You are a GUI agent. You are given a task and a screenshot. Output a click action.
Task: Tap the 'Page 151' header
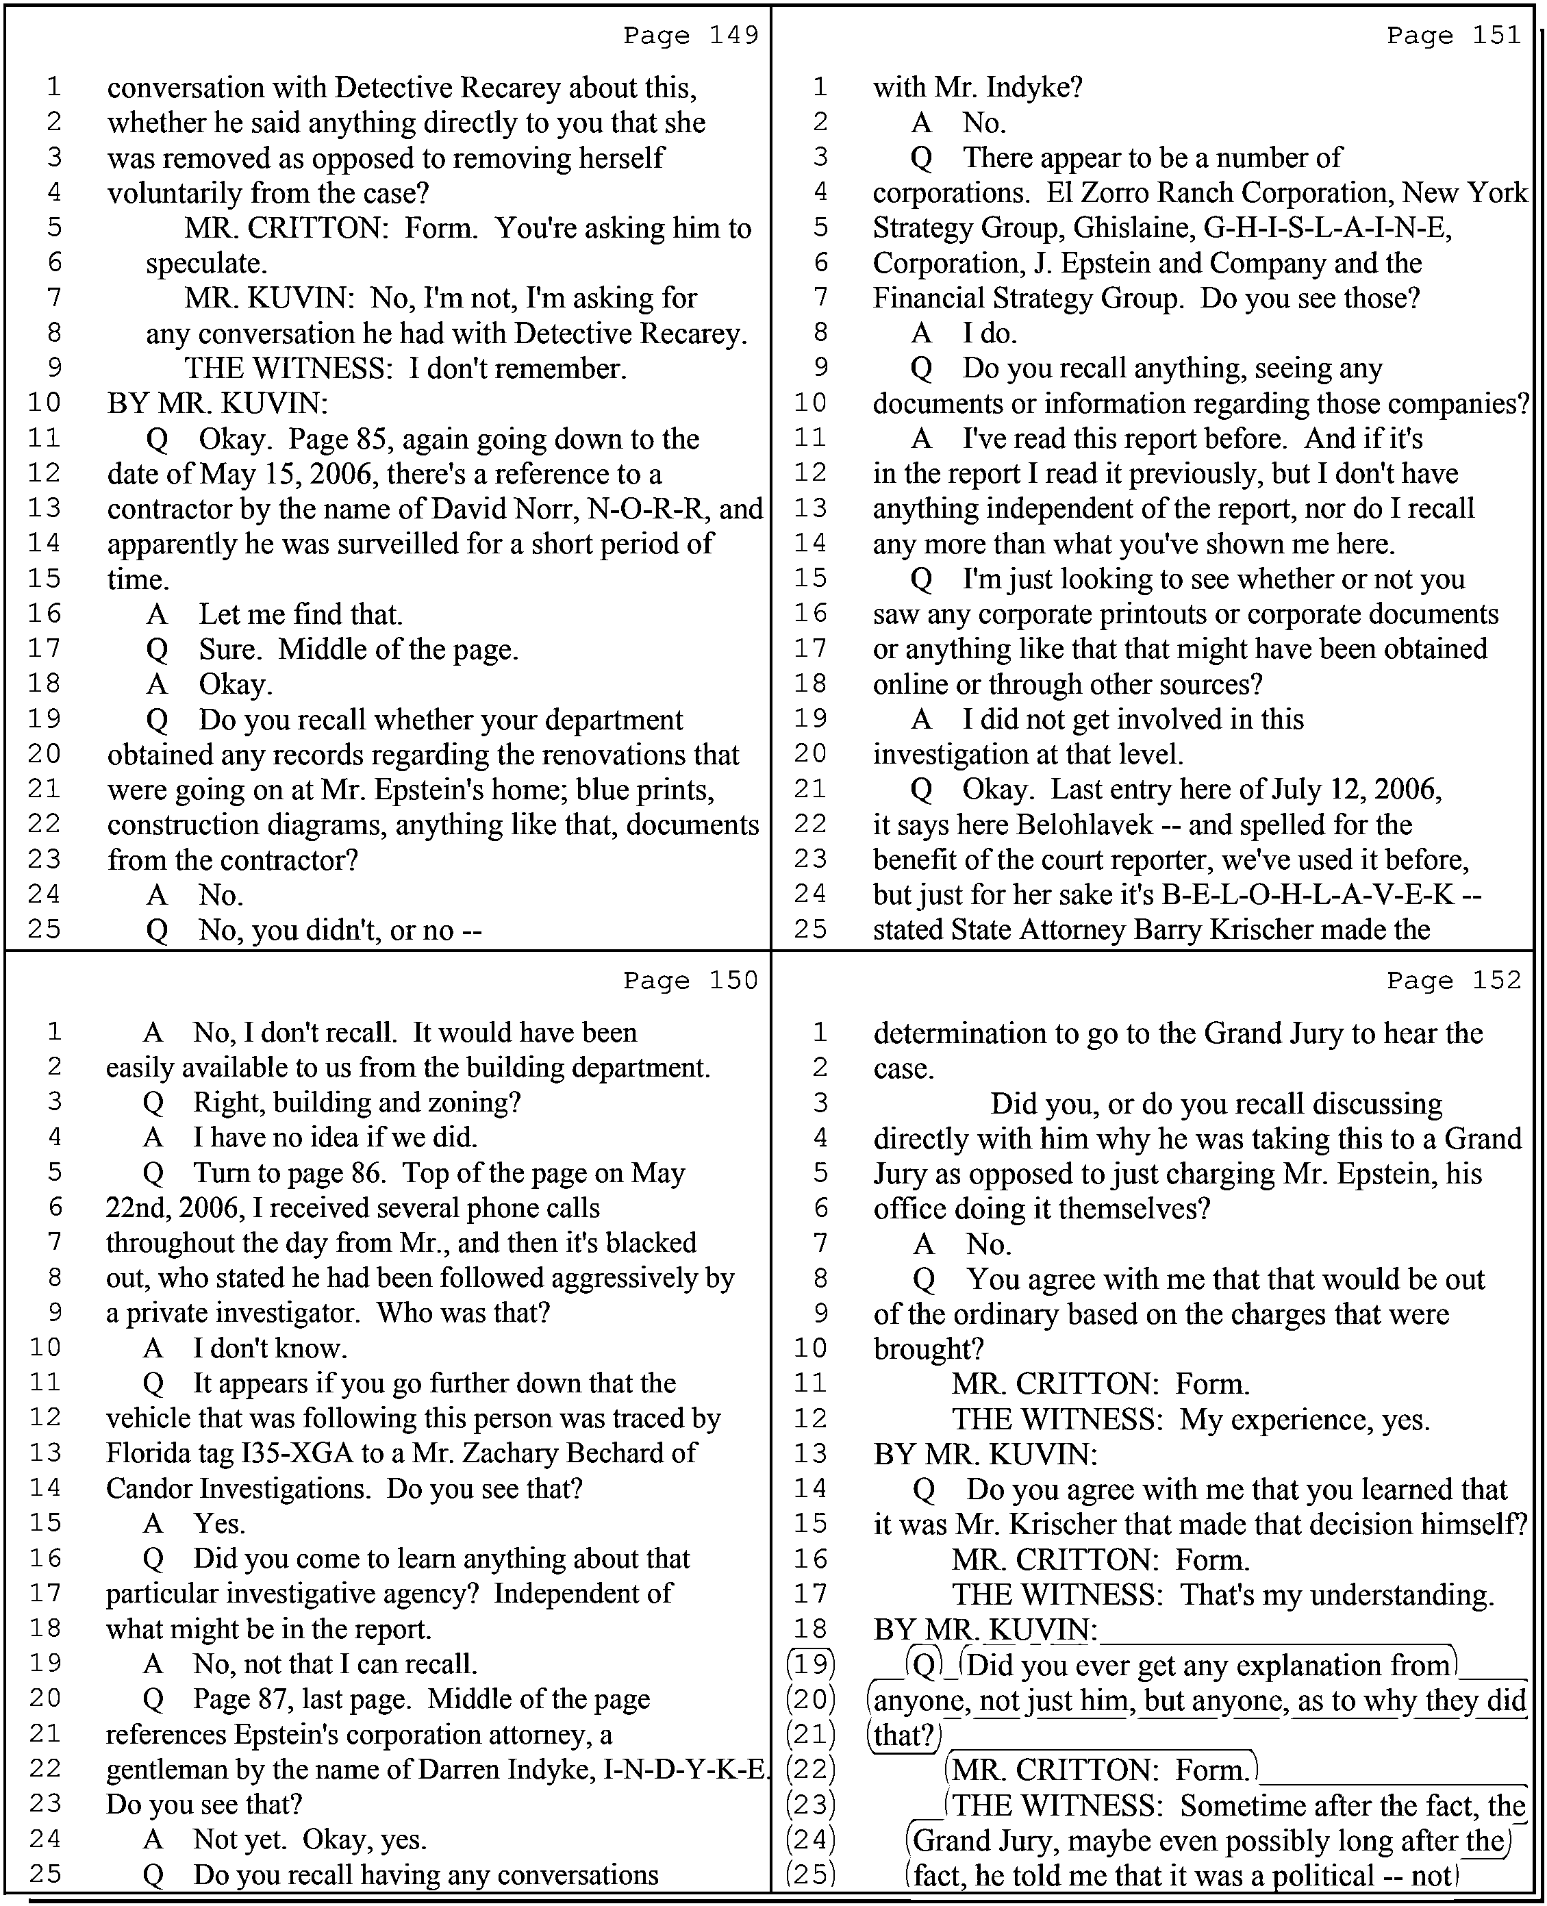[1455, 35]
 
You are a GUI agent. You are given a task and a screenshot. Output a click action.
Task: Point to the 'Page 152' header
[1455, 980]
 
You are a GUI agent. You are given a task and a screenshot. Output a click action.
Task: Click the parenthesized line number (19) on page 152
[810, 1664]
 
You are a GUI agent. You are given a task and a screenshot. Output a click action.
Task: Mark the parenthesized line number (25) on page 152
[810, 1874]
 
